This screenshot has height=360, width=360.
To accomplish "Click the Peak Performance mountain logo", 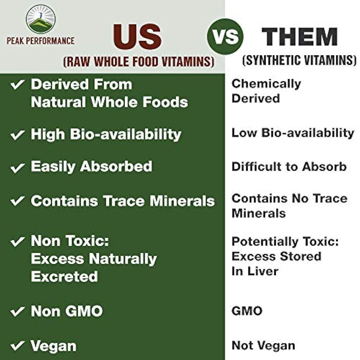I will click(41, 19).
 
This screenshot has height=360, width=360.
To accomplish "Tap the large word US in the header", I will click(138, 37).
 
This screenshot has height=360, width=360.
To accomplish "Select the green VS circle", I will click(225, 37).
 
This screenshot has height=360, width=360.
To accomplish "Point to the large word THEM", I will click(300, 37).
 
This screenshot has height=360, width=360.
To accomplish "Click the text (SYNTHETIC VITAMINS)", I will click(299, 60).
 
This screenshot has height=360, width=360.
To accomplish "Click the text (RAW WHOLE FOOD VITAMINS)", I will click(139, 62).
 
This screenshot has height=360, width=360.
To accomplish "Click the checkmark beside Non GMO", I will click(17, 311).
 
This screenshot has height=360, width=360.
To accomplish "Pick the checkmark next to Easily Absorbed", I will click(17, 168).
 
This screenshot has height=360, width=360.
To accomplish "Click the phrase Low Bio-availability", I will click(293, 133).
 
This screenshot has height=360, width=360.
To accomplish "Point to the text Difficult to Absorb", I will click(289, 167).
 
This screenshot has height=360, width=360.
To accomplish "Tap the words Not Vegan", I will click(263, 345).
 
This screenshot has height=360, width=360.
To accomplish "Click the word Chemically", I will click(266, 83).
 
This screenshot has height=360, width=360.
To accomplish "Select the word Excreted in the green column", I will click(64, 277).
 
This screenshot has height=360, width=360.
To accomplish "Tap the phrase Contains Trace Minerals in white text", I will click(123, 201).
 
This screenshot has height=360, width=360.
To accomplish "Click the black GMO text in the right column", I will click(247, 311).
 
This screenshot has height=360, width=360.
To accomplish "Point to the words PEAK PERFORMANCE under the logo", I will click(41, 41).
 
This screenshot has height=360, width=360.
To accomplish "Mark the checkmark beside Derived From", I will click(17, 85).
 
